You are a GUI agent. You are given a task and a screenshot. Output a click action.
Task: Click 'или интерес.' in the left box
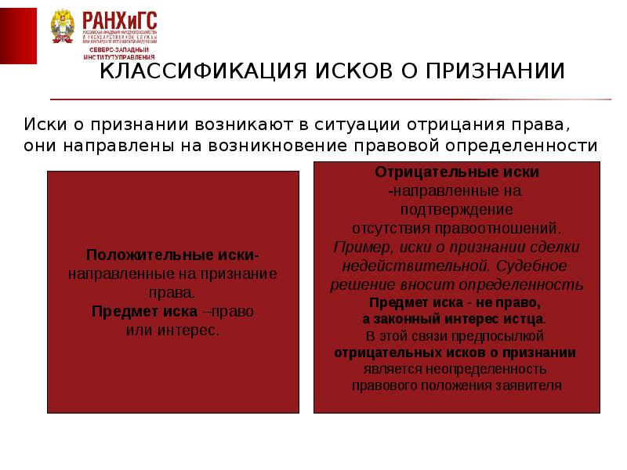coord(172,330)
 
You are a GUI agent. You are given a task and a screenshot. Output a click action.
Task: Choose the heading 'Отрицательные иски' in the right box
coord(457,172)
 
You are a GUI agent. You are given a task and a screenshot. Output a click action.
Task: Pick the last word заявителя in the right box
coord(532,385)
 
